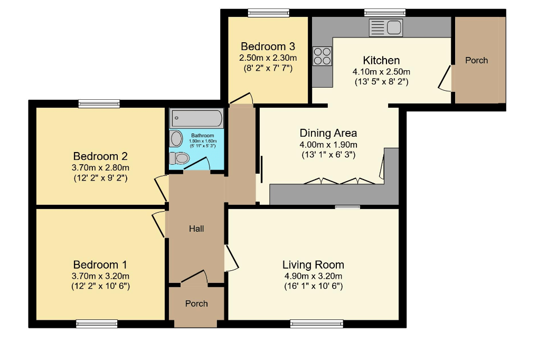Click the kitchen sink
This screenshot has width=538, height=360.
385,28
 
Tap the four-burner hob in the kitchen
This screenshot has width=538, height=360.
323,56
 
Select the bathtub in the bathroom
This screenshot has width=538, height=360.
196,118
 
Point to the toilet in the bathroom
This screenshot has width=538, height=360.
179,158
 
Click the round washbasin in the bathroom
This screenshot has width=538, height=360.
176,138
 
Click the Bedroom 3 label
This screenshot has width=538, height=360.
268,46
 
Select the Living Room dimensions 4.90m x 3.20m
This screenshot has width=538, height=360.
313,276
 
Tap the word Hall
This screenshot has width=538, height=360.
196,229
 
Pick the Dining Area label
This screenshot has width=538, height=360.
328,133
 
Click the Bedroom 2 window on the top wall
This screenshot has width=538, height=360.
99,103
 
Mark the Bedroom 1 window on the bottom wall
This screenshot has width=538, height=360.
97,324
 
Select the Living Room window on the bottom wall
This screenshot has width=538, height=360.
317,324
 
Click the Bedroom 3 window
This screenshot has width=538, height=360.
269,13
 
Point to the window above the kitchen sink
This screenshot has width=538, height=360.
385,13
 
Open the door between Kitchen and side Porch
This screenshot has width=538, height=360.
445,78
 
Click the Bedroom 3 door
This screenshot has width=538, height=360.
241,98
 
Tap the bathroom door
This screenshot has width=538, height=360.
197,163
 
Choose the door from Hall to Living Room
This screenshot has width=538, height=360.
232,258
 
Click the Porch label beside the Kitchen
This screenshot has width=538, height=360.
477,60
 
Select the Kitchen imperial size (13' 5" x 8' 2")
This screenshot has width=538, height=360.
382,82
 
